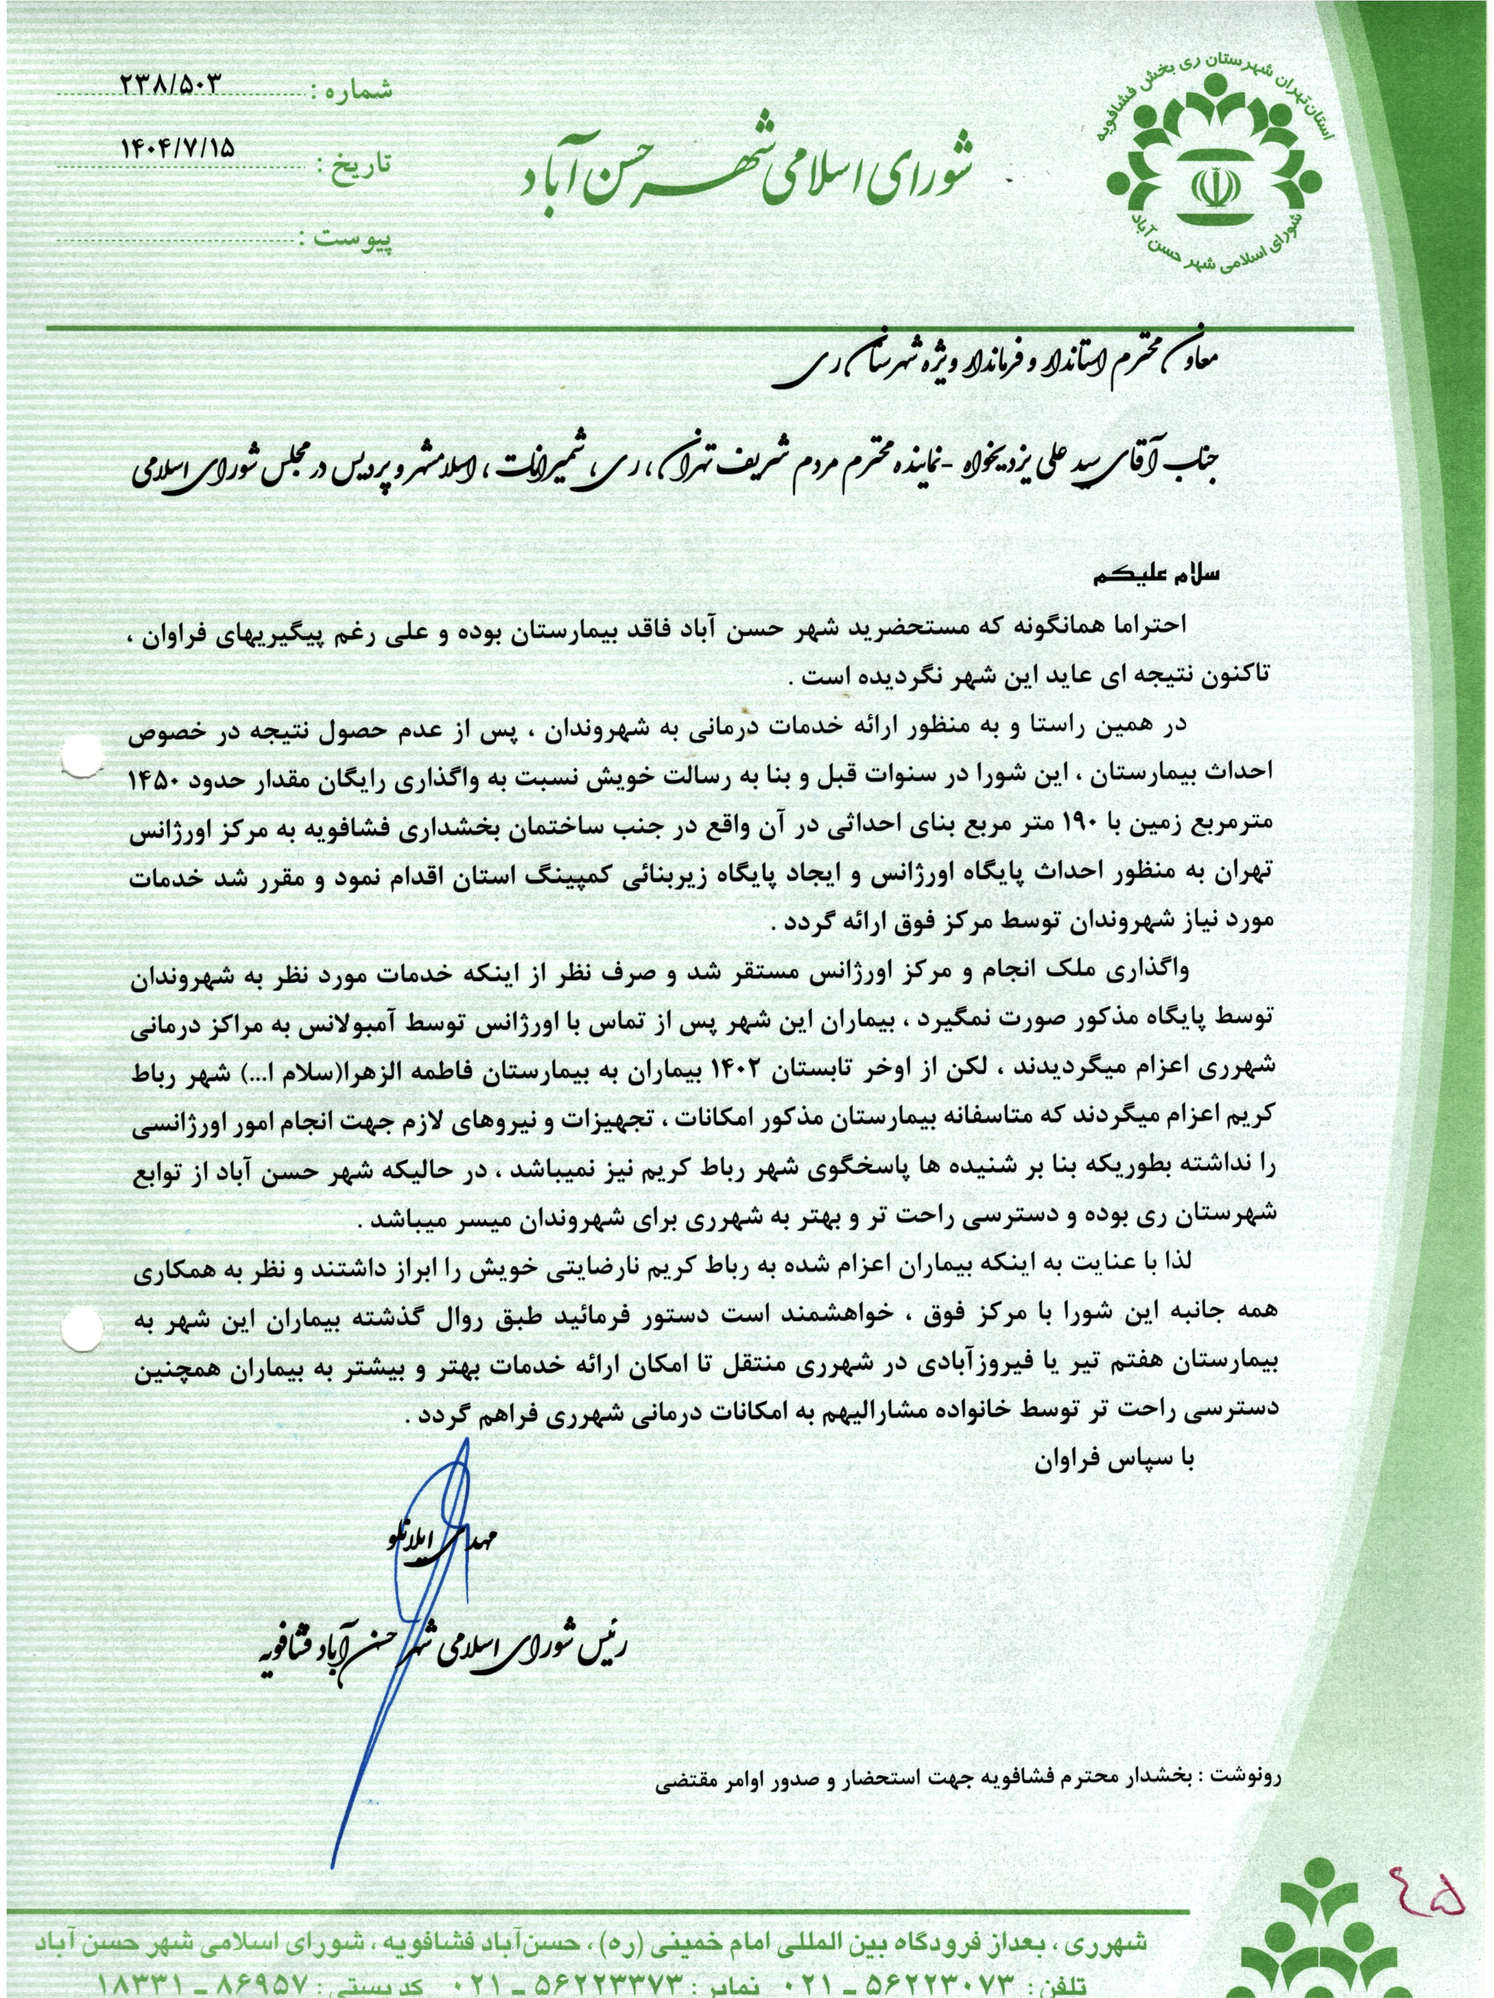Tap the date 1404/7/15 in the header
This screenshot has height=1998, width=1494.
(x=177, y=150)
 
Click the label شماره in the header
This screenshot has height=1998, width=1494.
(x=354, y=90)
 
